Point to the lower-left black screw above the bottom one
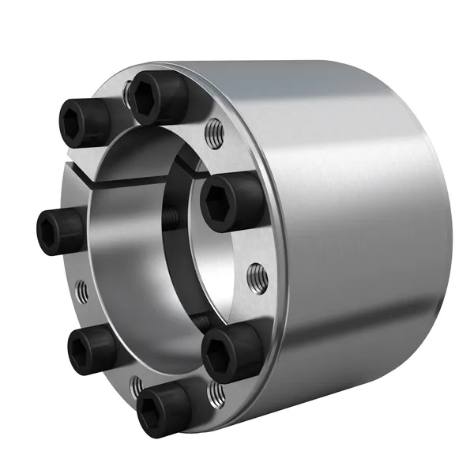(90, 349)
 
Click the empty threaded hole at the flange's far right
(254, 276)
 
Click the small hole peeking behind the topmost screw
(128, 97)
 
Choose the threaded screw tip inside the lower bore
(202, 319)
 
